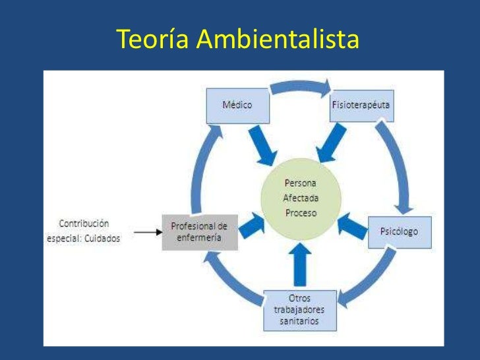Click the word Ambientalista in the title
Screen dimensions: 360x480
278,40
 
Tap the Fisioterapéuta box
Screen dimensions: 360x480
361,106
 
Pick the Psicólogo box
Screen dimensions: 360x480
399,232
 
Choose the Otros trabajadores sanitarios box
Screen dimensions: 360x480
299,310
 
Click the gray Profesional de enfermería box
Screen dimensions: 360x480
200,232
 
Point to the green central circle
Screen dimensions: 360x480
300,198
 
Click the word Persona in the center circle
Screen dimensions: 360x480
300,183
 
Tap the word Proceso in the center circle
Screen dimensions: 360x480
300,213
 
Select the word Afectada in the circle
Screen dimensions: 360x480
300,198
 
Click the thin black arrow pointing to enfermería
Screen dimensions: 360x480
146,232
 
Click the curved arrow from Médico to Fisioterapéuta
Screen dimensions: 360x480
300,87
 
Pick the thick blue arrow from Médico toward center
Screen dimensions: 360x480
262,144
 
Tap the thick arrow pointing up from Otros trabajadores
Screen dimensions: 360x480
299,264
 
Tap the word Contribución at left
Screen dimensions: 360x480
84,224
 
